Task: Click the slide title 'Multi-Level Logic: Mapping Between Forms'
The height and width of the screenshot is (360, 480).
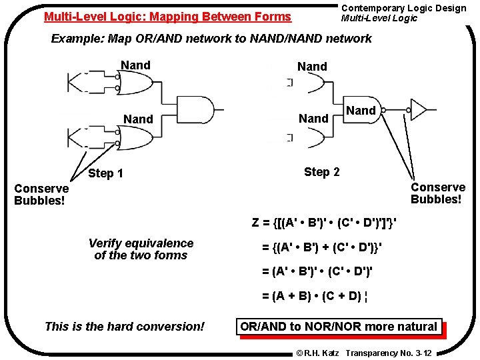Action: (x=167, y=17)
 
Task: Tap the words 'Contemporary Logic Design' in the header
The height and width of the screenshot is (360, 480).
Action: (x=403, y=8)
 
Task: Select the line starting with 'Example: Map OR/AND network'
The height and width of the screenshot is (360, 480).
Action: (x=211, y=39)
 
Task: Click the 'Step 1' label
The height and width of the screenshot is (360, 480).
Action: (x=105, y=174)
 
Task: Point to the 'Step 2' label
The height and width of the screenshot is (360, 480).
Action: (x=321, y=172)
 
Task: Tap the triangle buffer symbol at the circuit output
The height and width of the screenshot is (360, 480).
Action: (x=419, y=109)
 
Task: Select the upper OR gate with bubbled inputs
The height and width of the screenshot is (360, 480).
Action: (x=136, y=83)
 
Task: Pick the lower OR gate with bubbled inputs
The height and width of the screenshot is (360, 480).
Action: (x=136, y=138)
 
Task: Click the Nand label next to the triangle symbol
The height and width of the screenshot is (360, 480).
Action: (x=361, y=111)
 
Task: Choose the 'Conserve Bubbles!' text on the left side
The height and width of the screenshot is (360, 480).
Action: (x=41, y=194)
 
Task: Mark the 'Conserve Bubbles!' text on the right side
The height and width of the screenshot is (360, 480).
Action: (x=437, y=193)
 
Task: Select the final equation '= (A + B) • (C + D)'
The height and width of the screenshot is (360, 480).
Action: (x=312, y=296)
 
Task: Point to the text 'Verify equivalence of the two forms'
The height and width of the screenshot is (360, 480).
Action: (x=141, y=249)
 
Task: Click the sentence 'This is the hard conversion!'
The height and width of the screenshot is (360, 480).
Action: (x=125, y=327)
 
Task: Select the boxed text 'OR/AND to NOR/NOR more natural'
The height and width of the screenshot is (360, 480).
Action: (x=339, y=327)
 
